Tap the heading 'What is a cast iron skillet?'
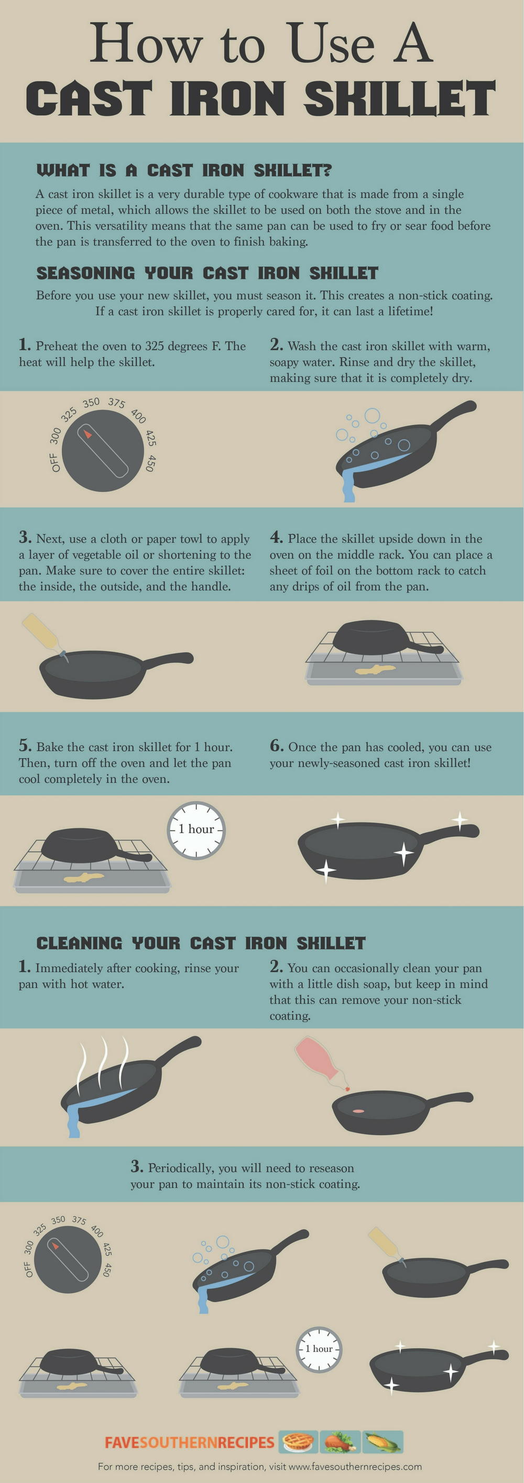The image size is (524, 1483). coord(184,170)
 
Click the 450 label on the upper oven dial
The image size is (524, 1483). coord(150,463)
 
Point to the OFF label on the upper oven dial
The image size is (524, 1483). coord(55,462)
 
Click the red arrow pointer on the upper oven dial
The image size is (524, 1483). coord(88,433)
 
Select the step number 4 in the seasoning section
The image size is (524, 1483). coord(276,537)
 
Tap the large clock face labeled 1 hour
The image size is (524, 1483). coord(196,830)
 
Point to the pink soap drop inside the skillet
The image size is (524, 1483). coord(359,1110)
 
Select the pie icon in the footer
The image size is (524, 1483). coord(298,1442)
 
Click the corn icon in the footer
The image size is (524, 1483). coord(383,1442)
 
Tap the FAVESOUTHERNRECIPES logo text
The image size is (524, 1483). coord(190,1442)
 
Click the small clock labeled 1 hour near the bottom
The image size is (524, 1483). coord(319,1349)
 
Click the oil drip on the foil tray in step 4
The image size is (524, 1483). coord(375,670)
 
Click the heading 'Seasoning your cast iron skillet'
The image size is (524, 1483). coord(208,273)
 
